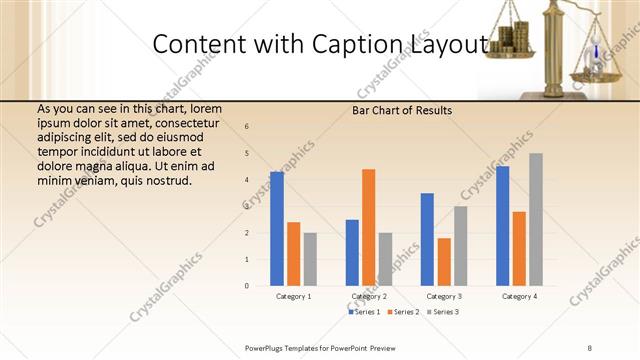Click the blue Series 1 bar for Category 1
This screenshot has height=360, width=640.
pyautogui.click(x=277, y=229)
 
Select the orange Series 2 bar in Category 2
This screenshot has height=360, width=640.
pyautogui.click(x=368, y=227)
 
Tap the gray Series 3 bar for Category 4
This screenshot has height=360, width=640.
pyautogui.click(x=535, y=219)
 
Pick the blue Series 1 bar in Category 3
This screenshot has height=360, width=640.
pyautogui.click(x=427, y=239)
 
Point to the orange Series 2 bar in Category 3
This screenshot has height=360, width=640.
pyautogui.click(x=444, y=262)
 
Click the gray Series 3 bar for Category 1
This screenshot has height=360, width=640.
pyautogui.click(x=310, y=259)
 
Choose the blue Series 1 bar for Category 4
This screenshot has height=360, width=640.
pyautogui.click(x=502, y=226)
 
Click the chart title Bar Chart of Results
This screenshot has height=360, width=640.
pyautogui.click(x=402, y=110)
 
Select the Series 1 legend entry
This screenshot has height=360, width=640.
pyautogui.click(x=364, y=312)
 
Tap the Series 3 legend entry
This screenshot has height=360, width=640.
pyautogui.click(x=442, y=312)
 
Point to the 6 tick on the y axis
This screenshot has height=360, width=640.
pyautogui.click(x=247, y=127)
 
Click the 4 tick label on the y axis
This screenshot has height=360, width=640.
pyautogui.click(x=247, y=180)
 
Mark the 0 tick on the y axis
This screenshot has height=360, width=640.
pyautogui.click(x=247, y=286)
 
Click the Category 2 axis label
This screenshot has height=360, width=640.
pyautogui.click(x=369, y=297)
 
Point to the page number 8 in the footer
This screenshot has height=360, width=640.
pyautogui.click(x=589, y=347)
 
